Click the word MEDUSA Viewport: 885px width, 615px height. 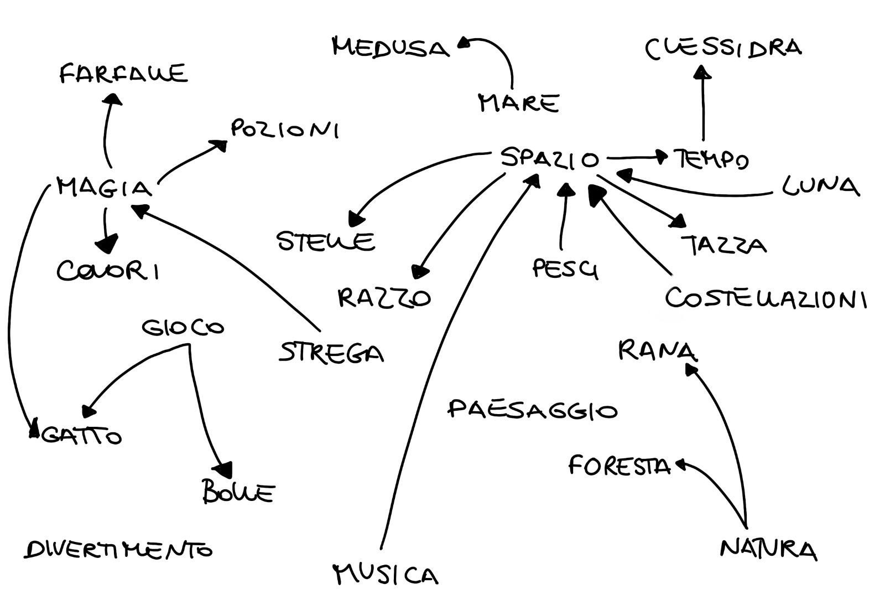(x=391, y=48)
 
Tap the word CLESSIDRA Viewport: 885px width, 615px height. (x=723, y=48)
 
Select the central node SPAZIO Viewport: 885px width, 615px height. (x=549, y=159)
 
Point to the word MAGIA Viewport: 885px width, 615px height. (x=105, y=188)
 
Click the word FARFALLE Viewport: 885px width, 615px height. (x=123, y=74)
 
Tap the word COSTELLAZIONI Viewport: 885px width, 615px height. (x=766, y=299)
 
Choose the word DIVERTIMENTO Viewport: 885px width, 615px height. (x=118, y=550)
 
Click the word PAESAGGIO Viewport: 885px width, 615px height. (x=532, y=410)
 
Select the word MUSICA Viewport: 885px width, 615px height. (x=386, y=575)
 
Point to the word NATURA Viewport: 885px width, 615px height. (x=768, y=549)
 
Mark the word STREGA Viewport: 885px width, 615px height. (x=331, y=353)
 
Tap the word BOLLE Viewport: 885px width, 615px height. (x=238, y=492)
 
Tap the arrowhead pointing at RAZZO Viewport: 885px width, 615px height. (x=420, y=272)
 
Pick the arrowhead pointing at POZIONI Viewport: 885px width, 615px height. (x=220, y=145)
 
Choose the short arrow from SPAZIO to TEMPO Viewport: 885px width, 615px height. (x=636, y=157)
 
